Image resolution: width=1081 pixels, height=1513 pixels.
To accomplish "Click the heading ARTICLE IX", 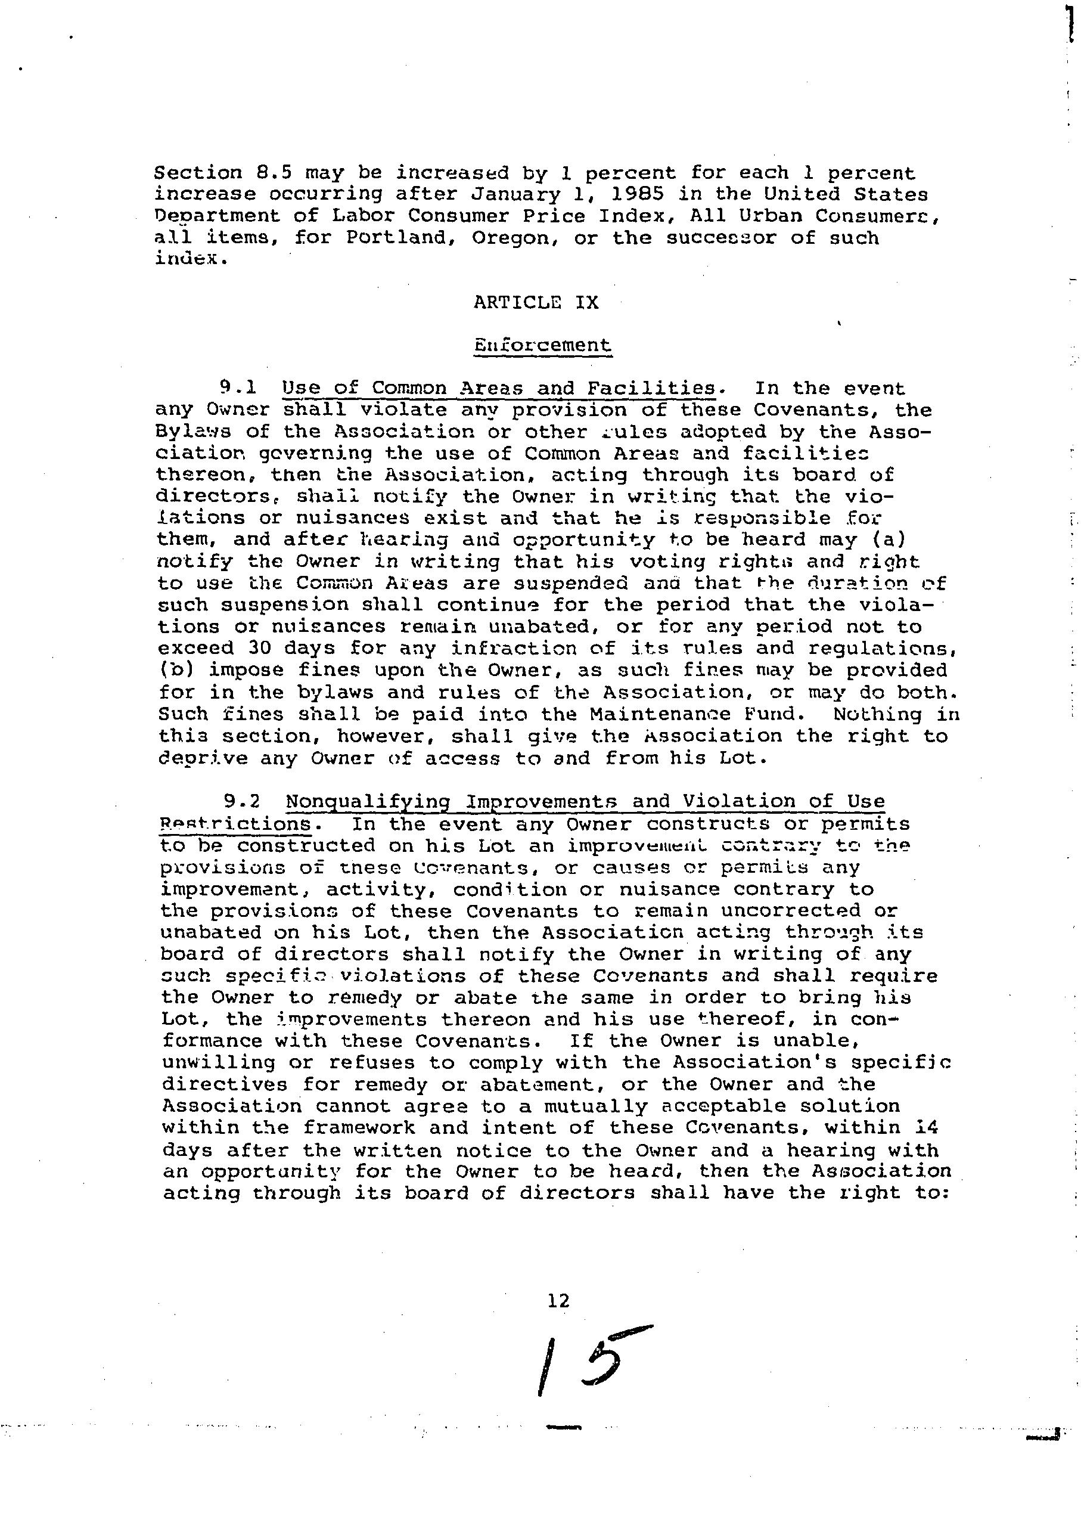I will pos(536,303).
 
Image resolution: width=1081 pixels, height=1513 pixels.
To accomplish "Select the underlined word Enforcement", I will pos(542,346).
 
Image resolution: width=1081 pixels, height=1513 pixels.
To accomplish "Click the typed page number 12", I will pos(558,1301).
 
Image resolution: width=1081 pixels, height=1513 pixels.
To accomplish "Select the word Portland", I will pos(397,238).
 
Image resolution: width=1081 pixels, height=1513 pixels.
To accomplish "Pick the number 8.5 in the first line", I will pos(274,173).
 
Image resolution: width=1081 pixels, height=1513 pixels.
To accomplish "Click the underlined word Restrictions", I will pos(235,824).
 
